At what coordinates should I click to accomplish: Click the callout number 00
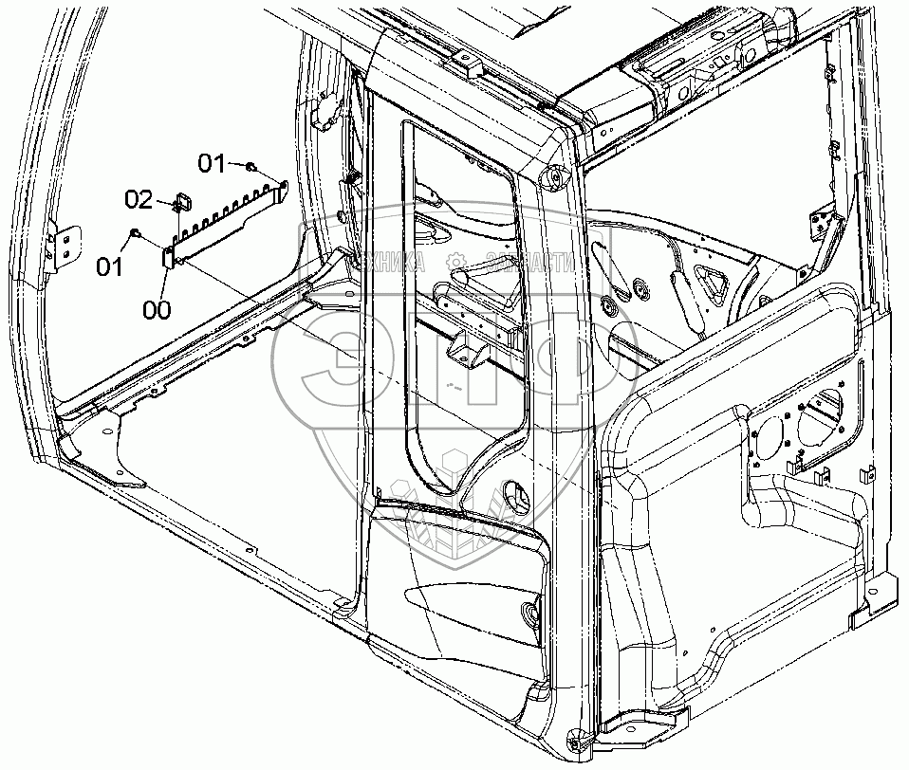158,308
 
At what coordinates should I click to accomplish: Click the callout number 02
139,199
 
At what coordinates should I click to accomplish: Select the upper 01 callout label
213,164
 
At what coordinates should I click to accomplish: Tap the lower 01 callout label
111,266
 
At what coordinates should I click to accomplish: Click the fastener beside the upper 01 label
250,167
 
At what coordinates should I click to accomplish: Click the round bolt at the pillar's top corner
550,177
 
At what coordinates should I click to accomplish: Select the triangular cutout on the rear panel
712,278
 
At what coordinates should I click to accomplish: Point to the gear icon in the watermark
456,259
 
